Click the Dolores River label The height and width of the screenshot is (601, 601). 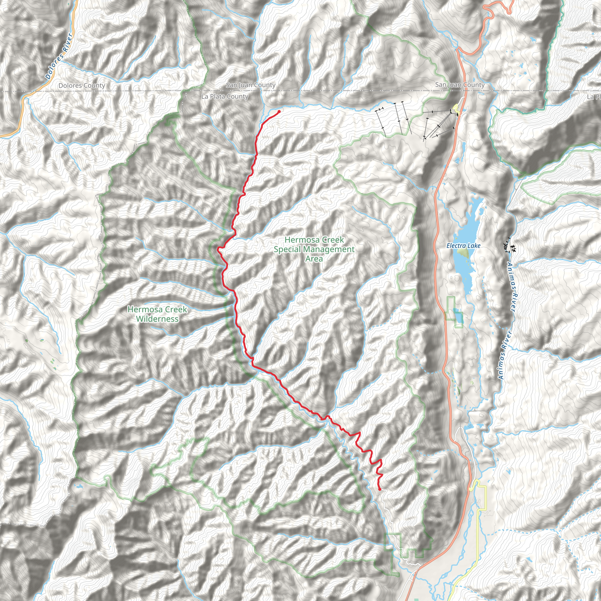pyautogui.click(x=59, y=56)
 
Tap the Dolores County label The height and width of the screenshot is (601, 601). pyautogui.click(x=82, y=86)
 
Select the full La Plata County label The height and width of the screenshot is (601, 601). pyautogui.click(x=225, y=97)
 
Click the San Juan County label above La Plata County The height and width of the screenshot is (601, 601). pyautogui.click(x=251, y=85)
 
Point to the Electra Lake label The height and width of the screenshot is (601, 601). pyautogui.click(x=463, y=246)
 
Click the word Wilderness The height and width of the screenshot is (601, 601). pyautogui.click(x=157, y=319)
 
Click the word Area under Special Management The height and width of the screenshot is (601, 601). pyautogui.click(x=314, y=259)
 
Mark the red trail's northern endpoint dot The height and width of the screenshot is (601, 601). pyautogui.click(x=279, y=111)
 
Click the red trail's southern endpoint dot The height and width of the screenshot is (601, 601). pyautogui.click(x=380, y=489)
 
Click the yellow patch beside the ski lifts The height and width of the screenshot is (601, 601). pyautogui.click(x=456, y=108)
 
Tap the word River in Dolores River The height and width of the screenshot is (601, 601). pyautogui.click(x=67, y=43)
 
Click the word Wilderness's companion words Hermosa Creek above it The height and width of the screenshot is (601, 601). pyautogui.click(x=157, y=309)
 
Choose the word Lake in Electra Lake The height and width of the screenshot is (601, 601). pyautogui.click(x=474, y=246)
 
